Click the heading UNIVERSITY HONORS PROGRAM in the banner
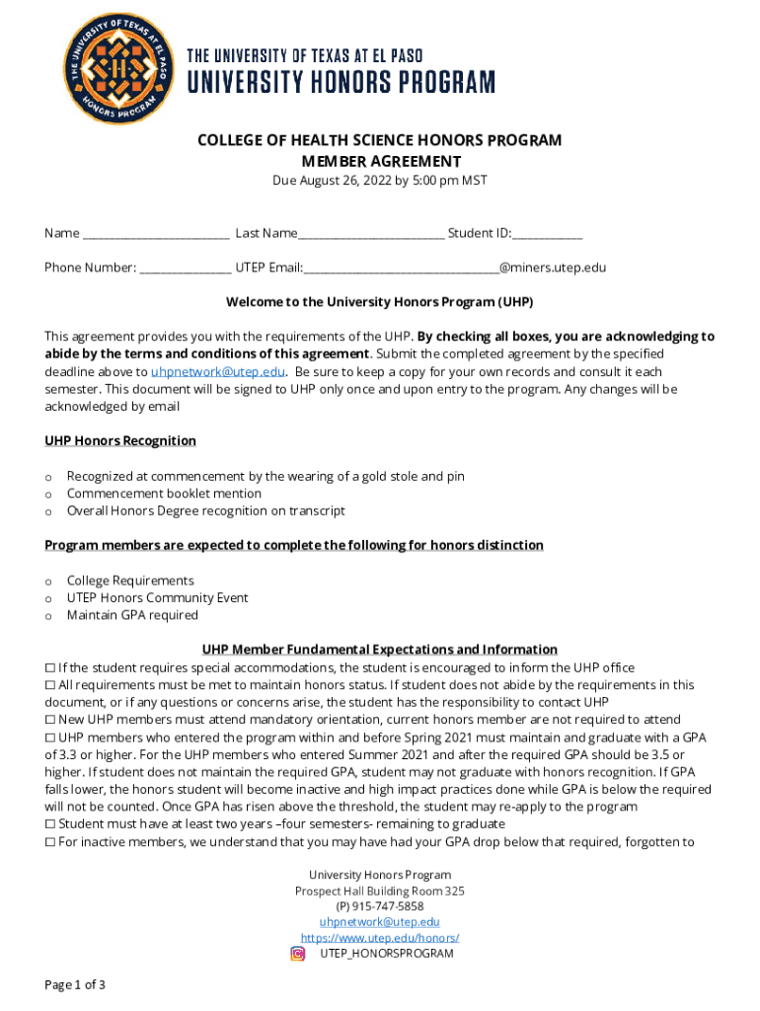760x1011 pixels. coord(342,82)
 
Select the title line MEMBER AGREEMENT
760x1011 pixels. coord(380,161)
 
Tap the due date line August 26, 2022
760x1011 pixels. coord(380,181)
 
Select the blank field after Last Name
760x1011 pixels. coord(371,234)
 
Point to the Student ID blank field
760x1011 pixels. coord(548,234)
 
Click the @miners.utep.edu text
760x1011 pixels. coord(553,268)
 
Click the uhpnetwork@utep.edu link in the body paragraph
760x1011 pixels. coord(218,372)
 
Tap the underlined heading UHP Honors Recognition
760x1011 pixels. coord(120,440)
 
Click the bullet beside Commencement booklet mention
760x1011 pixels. coord(48,494)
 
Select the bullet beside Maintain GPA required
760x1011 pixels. coord(48,616)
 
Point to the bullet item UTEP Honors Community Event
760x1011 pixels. coord(157,598)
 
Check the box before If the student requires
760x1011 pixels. coord(50,668)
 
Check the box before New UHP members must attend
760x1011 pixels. coord(50,720)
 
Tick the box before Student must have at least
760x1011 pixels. coord(50,823)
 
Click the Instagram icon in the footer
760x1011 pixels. coord(298,954)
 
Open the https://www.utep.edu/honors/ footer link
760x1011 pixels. coord(380,938)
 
